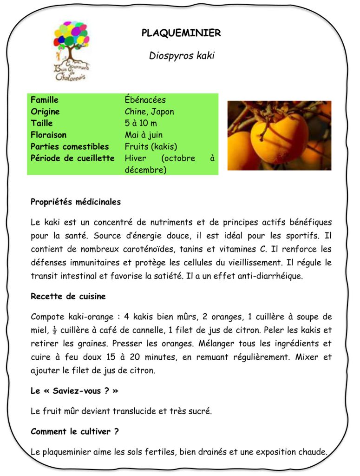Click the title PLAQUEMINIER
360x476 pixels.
(x=181, y=33)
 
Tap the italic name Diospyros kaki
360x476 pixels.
(x=182, y=56)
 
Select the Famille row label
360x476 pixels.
(x=45, y=100)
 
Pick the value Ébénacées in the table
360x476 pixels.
(x=145, y=100)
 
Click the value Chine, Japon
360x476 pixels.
(x=149, y=112)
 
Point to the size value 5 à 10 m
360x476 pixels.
(x=141, y=123)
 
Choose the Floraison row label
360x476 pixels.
(x=48, y=135)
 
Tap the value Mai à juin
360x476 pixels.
(x=144, y=135)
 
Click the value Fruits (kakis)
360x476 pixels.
(x=151, y=146)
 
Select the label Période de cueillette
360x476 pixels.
(x=72, y=158)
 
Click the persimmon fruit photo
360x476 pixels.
(x=279, y=135)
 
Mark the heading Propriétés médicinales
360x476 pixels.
(x=76, y=202)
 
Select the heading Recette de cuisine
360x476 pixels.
(x=68, y=296)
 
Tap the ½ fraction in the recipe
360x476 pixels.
(x=54, y=331)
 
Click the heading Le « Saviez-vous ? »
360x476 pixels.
(x=74, y=391)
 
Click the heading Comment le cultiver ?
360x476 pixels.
(x=75, y=431)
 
